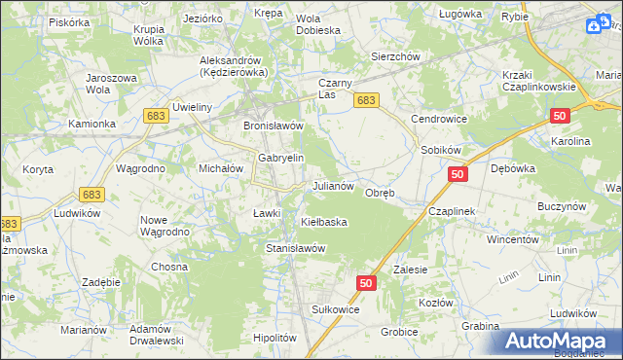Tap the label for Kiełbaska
pos(325,222)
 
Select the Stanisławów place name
pos(295,248)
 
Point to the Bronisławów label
pos(275,126)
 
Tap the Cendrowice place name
pos(439,119)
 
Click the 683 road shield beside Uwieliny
pos(157,116)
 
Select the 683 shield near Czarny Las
pos(366,100)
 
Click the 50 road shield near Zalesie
pos(366,282)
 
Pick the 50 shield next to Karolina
pos(559,116)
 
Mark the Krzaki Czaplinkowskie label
pos(540,80)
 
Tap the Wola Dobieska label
pos(317,23)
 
